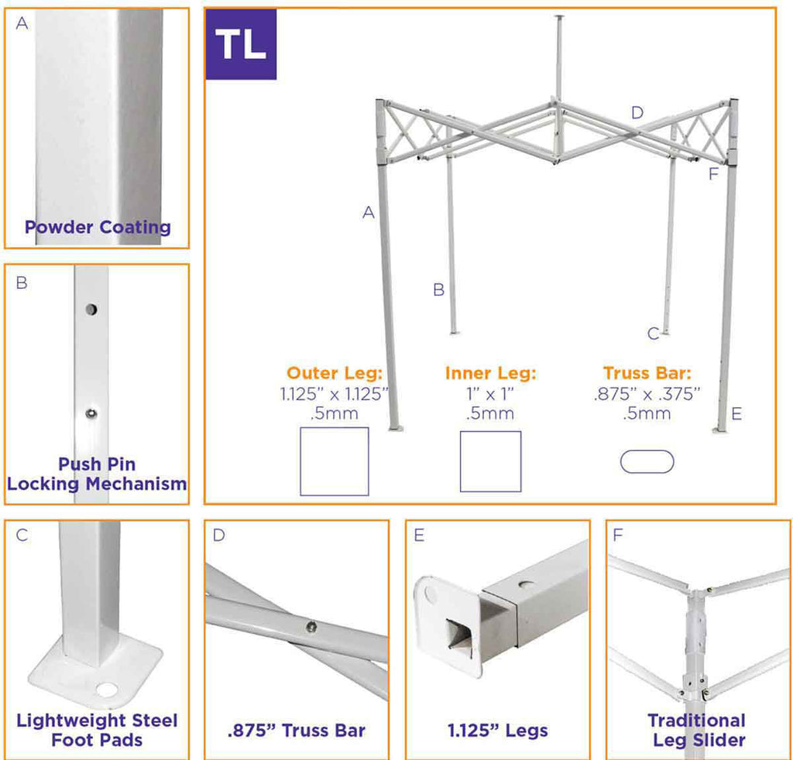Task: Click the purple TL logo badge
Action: coord(240,44)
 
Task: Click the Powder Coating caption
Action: coord(98,228)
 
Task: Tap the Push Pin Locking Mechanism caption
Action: coord(97,474)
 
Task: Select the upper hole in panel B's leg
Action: coord(91,310)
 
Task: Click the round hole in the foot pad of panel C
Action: coord(104,689)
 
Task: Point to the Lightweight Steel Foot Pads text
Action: coord(97,730)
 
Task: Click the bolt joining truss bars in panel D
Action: coord(311,626)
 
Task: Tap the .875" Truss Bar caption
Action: coord(297,731)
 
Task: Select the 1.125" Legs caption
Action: coord(498,731)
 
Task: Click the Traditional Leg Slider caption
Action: coord(698,730)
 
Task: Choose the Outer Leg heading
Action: coord(334,373)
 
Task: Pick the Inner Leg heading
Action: coord(490,373)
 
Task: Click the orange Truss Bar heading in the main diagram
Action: coord(647,373)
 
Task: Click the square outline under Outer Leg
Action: coord(335,461)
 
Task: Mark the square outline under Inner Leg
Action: coord(490,461)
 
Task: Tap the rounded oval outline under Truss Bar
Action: coord(647,461)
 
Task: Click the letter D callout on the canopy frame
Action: coord(637,113)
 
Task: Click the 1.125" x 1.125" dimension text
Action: coord(334,394)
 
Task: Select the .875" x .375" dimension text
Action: coord(647,394)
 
